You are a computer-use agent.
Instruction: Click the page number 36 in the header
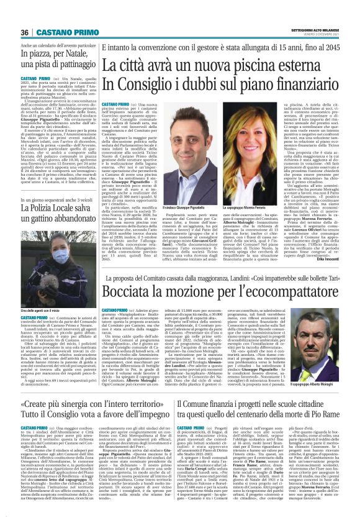pyautogui.click(x=25, y=32)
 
